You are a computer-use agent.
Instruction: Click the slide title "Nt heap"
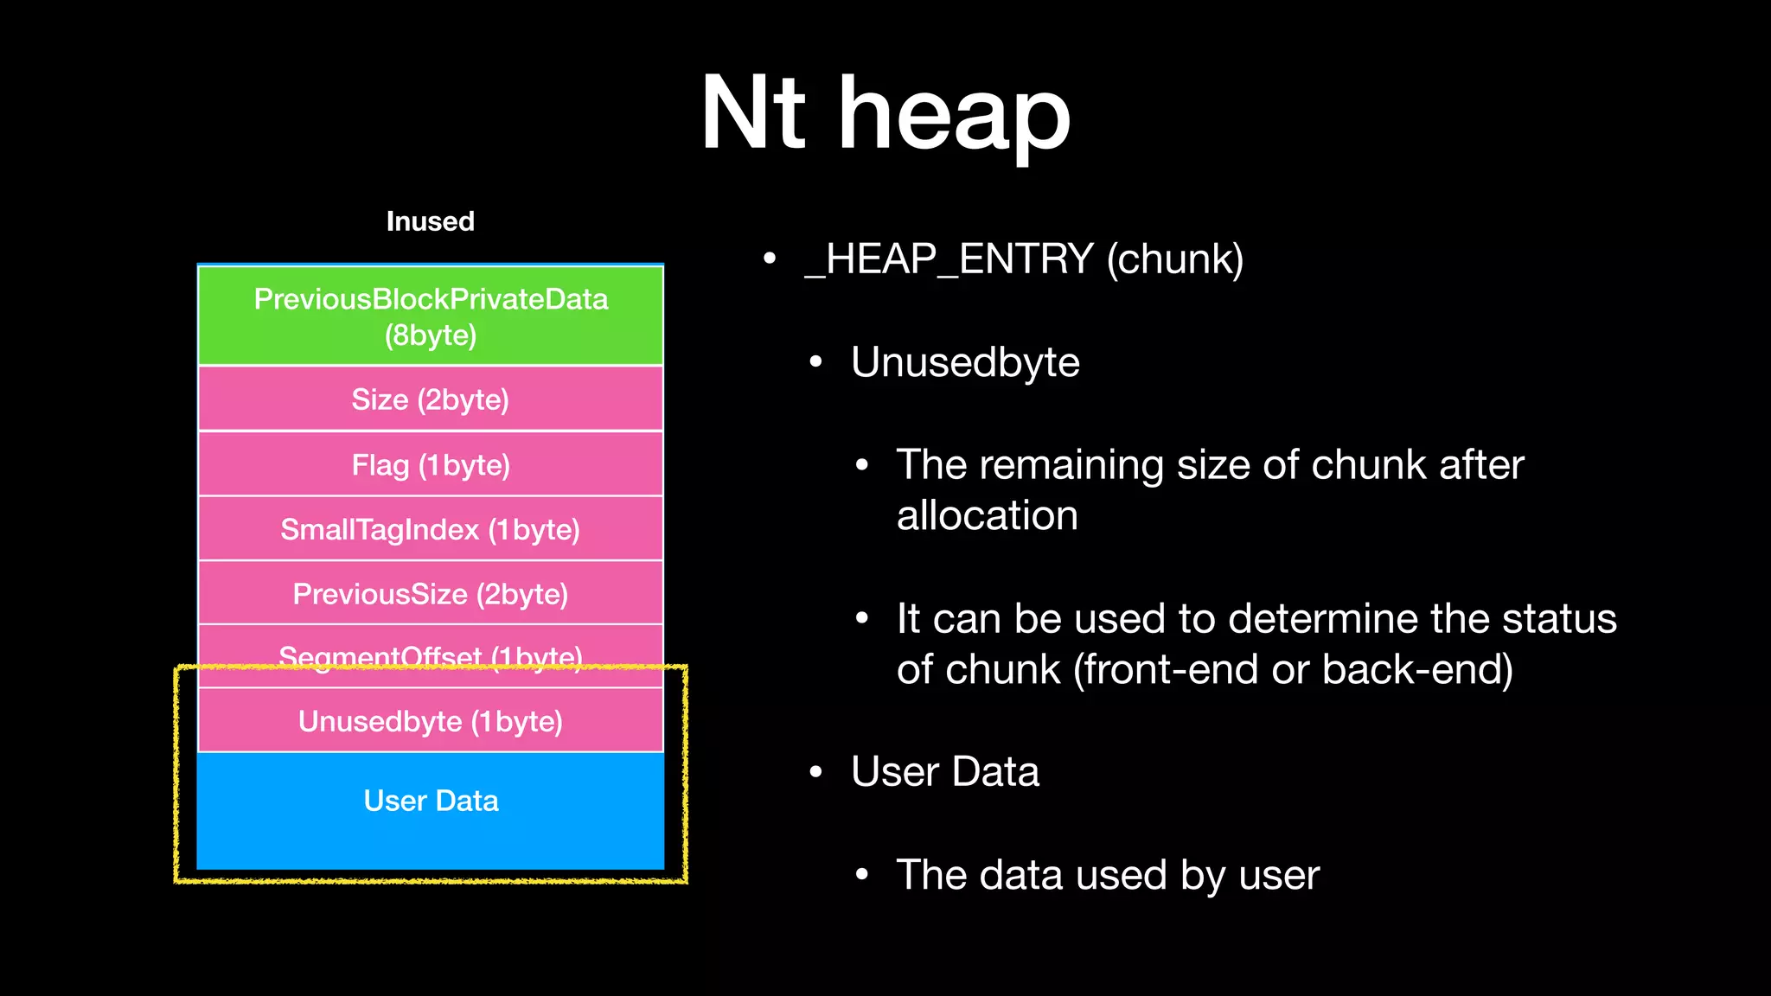[885, 114]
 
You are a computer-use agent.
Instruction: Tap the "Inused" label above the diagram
[430, 221]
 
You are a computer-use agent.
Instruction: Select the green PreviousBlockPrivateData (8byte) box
[431, 316]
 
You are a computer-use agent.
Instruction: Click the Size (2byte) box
[431, 399]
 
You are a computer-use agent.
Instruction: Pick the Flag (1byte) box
[431, 465]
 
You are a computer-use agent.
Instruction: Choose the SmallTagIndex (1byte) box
[431, 529]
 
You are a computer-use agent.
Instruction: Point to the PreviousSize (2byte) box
[431, 594]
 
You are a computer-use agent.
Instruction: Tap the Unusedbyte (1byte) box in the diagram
[431, 721]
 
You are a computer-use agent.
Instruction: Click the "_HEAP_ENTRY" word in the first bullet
[949, 259]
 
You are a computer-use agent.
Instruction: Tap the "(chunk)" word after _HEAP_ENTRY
[1175, 259]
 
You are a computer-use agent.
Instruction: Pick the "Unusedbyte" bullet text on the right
[965, 362]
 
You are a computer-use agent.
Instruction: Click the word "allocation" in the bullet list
[987, 516]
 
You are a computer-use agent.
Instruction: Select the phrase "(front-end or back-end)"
[1293, 670]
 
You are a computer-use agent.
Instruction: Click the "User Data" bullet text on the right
[944, 772]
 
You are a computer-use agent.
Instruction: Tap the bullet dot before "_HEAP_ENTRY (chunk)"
[770, 259]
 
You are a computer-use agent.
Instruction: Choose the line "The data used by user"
[1108, 875]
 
